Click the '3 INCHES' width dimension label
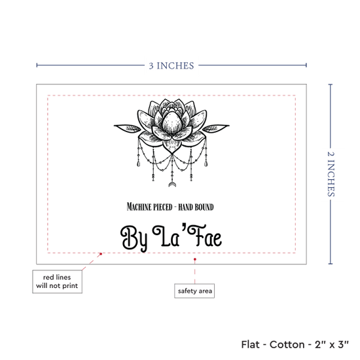coord(171,65)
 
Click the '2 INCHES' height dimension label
coord(331,174)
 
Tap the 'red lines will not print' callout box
coord(57,281)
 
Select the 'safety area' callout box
coord(194,291)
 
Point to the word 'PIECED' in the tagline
coord(162,207)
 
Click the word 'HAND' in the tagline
coord(185,207)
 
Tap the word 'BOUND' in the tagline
coord(204,207)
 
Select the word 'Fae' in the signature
coord(205,236)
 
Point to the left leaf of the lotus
coord(127,128)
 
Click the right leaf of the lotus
coord(216,128)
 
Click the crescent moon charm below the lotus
coord(172,185)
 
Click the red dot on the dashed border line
coord(101,254)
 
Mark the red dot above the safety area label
coord(194,259)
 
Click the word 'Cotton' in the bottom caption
coord(287,344)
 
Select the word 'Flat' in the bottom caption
coord(251,344)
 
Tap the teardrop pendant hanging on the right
coord(206,164)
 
